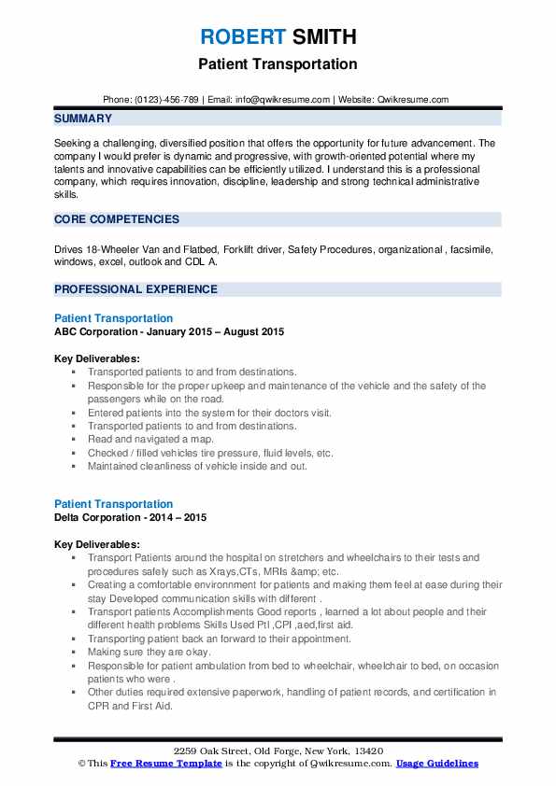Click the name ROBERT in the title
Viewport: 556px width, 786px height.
(240, 37)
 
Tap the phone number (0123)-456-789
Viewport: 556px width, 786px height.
(165, 99)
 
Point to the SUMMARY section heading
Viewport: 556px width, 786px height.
(83, 119)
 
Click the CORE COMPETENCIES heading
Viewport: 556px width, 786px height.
(117, 219)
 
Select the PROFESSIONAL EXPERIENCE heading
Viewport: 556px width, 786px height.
(135, 289)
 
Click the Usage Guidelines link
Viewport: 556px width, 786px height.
(436, 764)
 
